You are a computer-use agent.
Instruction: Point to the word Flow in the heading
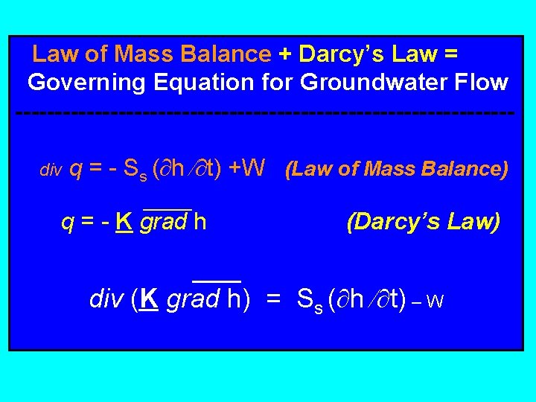[482, 82]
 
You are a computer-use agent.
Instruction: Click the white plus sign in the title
[285, 54]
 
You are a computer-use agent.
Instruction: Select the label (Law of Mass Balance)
[397, 169]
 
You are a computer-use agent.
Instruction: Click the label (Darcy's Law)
[423, 222]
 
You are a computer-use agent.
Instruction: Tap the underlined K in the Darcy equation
[124, 222]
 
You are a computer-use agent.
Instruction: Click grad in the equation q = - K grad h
[164, 222]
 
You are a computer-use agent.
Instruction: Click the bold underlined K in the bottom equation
[149, 299]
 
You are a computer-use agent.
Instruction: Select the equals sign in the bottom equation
[273, 299]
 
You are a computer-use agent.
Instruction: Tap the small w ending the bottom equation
[436, 301]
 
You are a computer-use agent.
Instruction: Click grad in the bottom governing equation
[192, 299]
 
